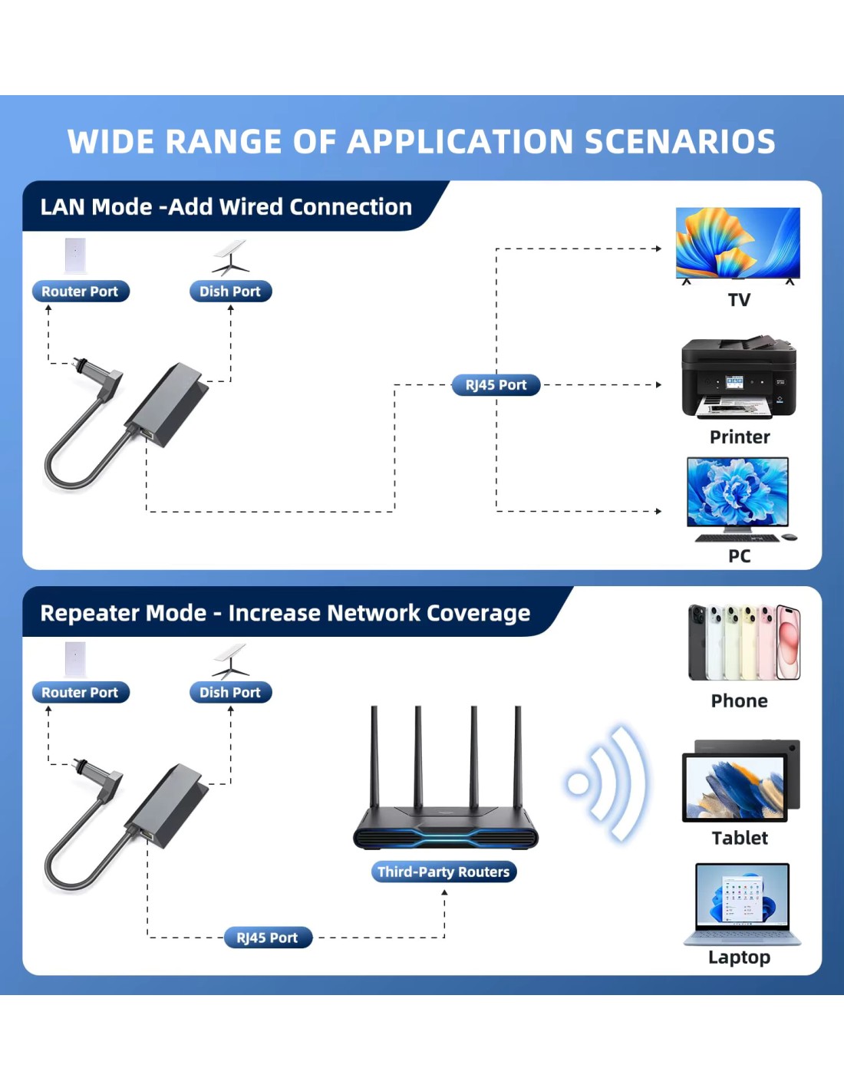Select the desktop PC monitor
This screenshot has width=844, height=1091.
[737, 495]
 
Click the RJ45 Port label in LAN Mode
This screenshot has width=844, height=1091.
[496, 385]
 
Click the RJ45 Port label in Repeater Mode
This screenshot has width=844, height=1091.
[268, 938]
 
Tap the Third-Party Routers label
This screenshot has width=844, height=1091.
[443, 872]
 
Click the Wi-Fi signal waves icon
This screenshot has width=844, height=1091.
[606, 784]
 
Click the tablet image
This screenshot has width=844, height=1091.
[741, 780]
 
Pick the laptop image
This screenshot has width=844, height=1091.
[742, 904]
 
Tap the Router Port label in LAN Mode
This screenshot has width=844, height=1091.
[81, 292]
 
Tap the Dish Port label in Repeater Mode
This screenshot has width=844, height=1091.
[230, 692]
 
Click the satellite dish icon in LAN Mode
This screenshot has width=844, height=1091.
[230, 257]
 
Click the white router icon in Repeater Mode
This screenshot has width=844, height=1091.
[75, 659]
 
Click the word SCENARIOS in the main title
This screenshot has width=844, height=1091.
[680, 141]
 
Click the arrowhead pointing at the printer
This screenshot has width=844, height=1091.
[658, 385]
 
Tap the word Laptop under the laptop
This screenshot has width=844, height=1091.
[739, 958]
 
